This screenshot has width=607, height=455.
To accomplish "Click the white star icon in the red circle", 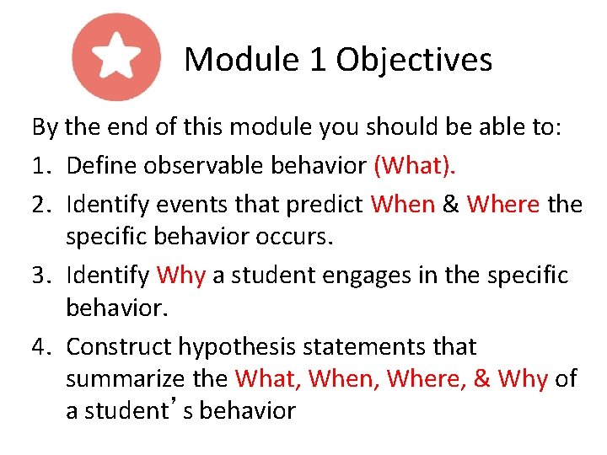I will pos(116,57).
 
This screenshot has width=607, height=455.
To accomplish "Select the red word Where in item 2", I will pos(502,204).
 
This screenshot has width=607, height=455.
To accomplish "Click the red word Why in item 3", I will pos(181,276).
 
